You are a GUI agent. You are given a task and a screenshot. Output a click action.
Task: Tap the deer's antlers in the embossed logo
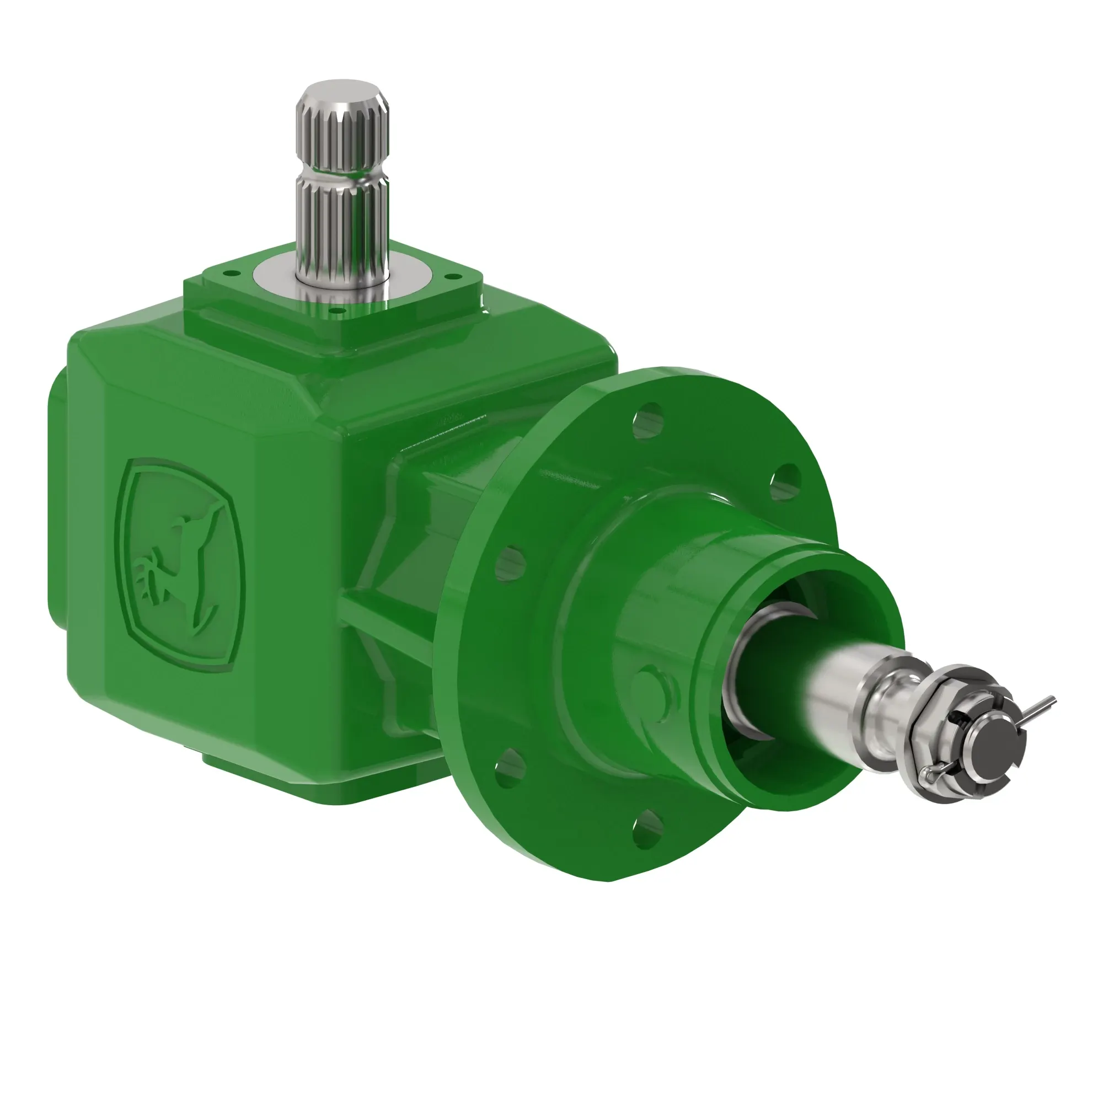click(x=146, y=577)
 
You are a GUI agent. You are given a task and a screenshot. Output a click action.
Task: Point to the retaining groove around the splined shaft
click(x=342, y=174)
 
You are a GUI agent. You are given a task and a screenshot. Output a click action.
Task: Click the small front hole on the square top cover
click(x=336, y=311)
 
